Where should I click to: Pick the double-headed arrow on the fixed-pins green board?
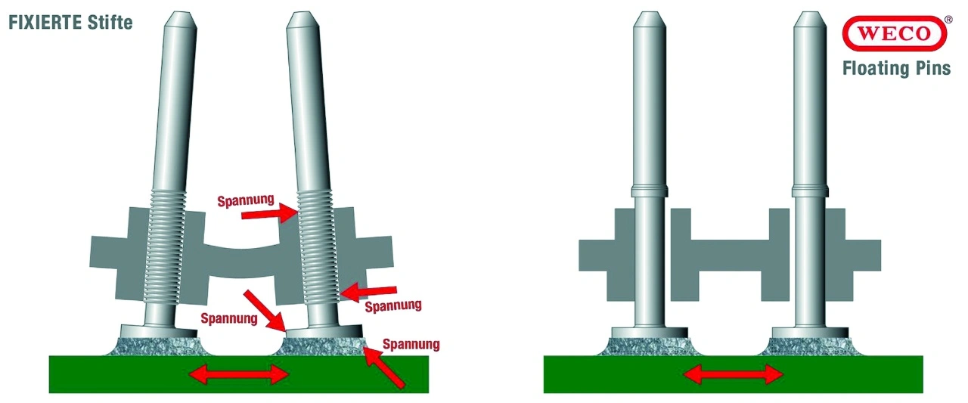(x=238, y=374)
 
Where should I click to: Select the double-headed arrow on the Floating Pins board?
(x=734, y=374)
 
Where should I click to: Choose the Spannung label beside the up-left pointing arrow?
(x=411, y=345)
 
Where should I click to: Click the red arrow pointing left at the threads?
(x=368, y=293)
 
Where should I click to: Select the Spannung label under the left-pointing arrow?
(x=392, y=306)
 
